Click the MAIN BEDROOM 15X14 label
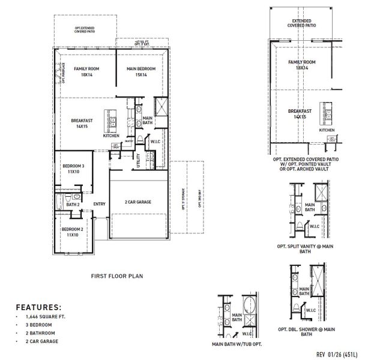[141, 72]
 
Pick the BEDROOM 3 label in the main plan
[74, 169]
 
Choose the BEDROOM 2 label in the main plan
[72, 232]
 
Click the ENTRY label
[100, 204]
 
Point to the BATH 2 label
[73, 205]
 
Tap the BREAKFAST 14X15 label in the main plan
[82, 123]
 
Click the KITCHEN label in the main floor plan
[111, 136]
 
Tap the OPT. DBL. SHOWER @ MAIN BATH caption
[307, 332]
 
